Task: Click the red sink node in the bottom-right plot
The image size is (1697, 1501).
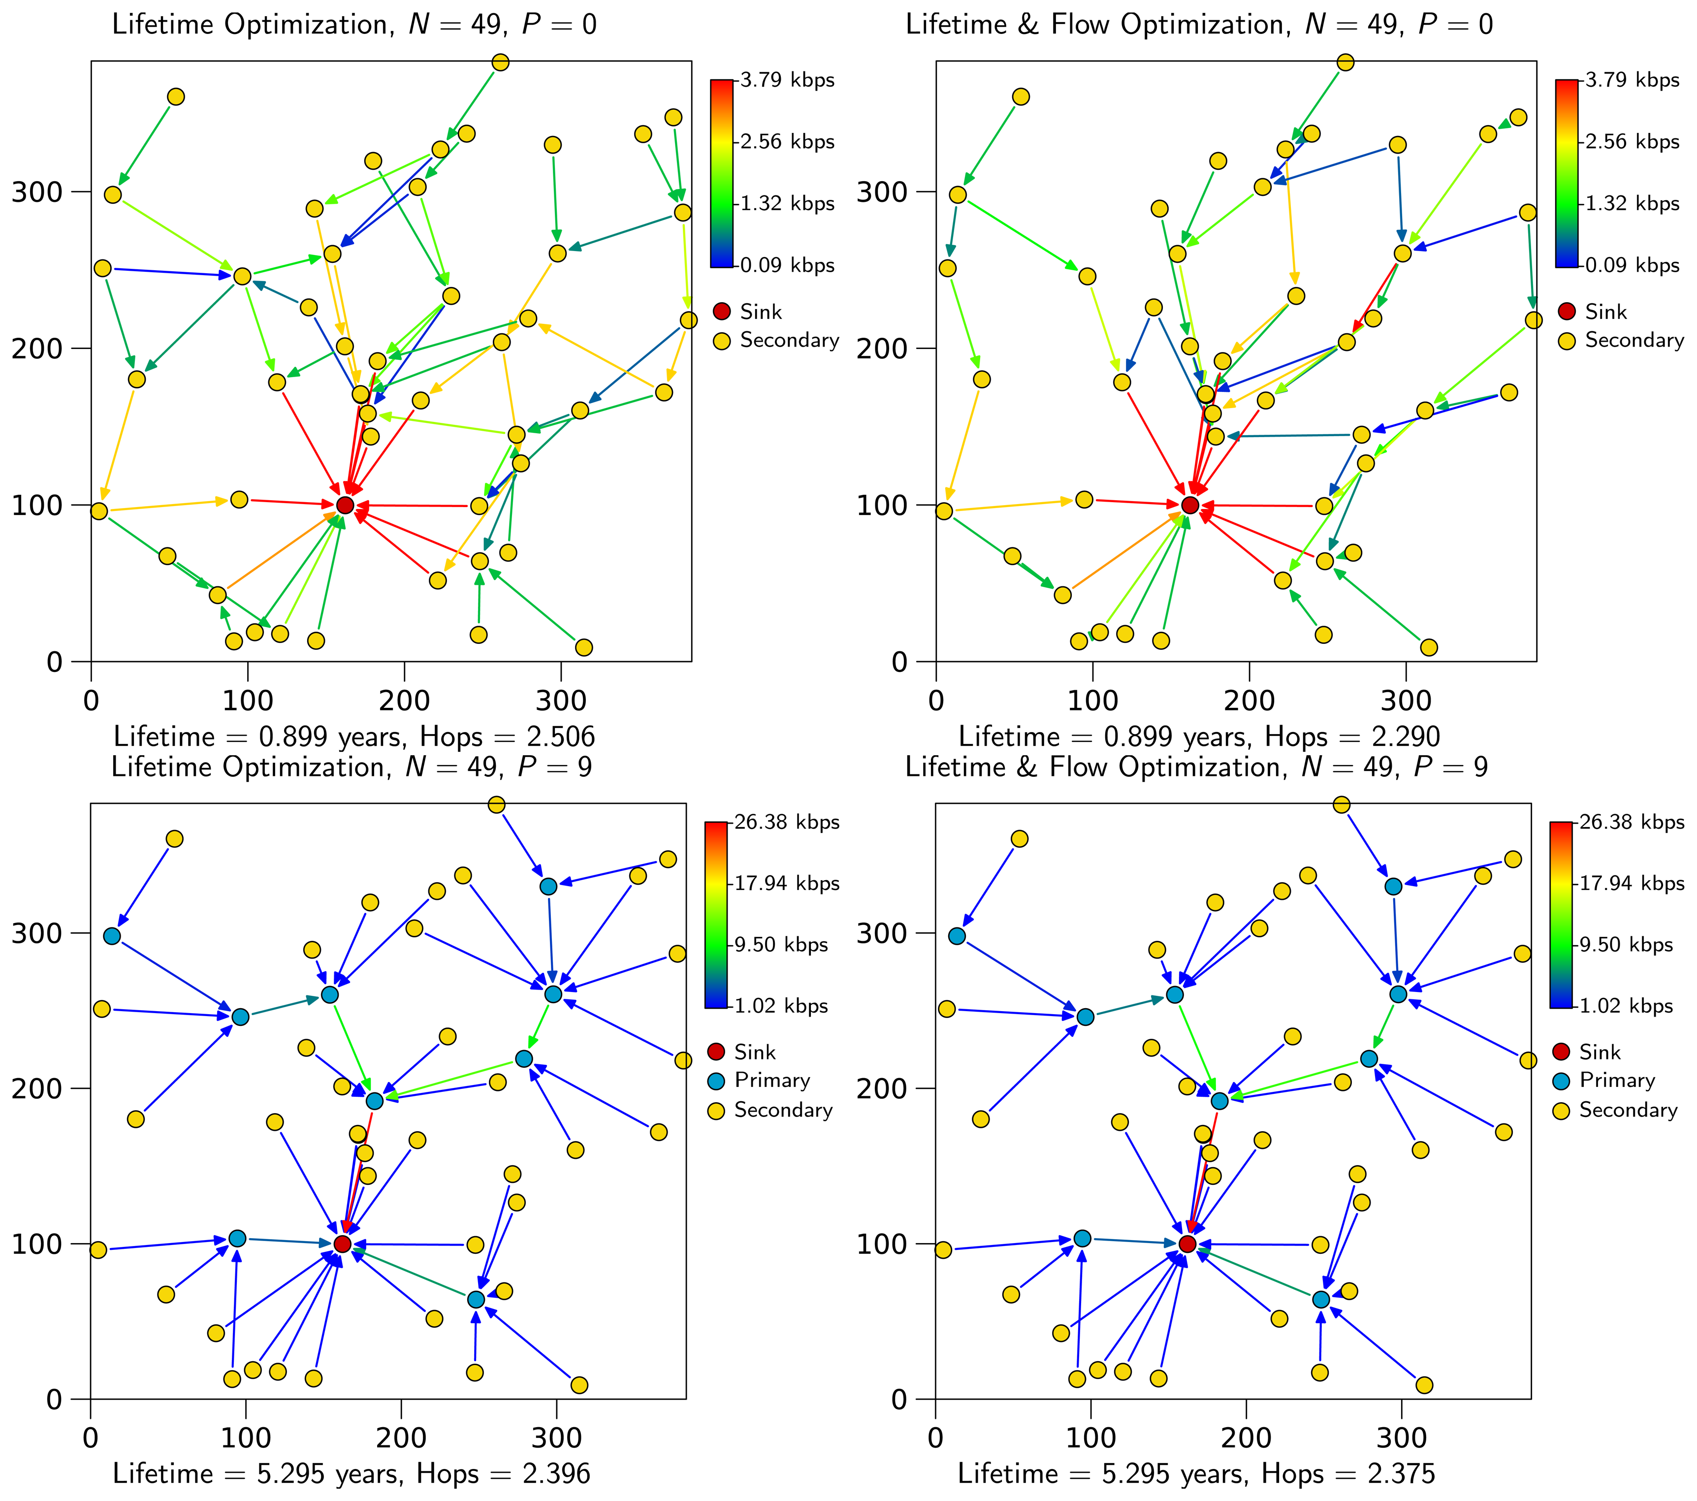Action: pyautogui.click(x=1187, y=1244)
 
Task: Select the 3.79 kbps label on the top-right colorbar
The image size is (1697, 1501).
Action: pyautogui.click(x=1632, y=81)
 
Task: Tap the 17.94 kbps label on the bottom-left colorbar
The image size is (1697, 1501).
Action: pyautogui.click(x=786, y=883)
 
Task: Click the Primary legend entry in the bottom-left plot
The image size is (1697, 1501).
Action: pyautogui.click(x=771, y=1080)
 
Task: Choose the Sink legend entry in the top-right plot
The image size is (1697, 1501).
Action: pyautogui.click(x=1605, y=312)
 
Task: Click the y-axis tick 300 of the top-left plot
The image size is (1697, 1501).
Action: pyautogui.click(x=37, y=192)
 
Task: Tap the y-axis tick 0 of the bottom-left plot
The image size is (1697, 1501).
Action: pyautogui.click(x=55, y=1400)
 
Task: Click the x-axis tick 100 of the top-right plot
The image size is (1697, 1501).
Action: pyautogui.click(x=1092, y=701)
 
